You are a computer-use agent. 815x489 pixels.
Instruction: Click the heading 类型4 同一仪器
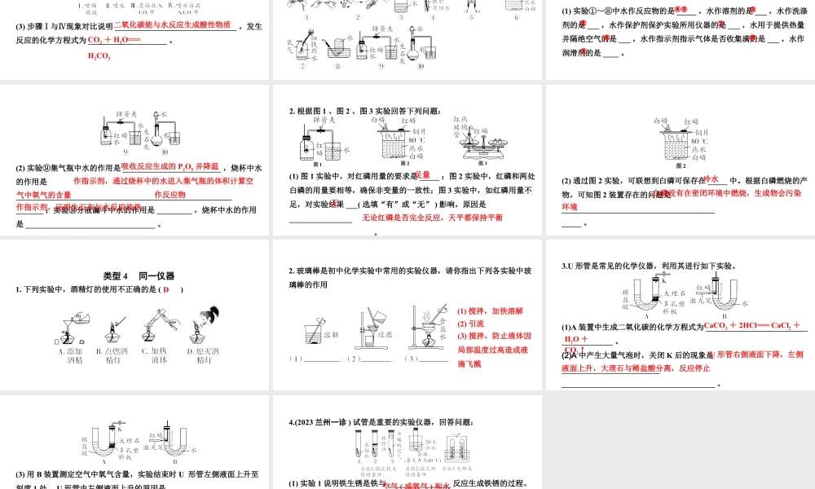pyautogui.click(x=139, y=275)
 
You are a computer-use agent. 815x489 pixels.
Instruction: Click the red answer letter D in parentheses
pyautogui.click(x=166, y=289)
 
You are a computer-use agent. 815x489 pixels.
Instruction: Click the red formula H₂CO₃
pyautogui.click(x=99, y=56)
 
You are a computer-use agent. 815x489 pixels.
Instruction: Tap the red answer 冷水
pyautogui.click(x=710, y=179)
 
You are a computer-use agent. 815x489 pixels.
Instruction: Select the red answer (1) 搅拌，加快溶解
pyautogui.click(x=491, y=311)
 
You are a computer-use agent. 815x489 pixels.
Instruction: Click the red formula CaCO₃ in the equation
pyautogui.click(x=717, y=326)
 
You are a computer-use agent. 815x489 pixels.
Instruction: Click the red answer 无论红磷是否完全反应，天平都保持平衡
pyautogui.click(x=432, y=218)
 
